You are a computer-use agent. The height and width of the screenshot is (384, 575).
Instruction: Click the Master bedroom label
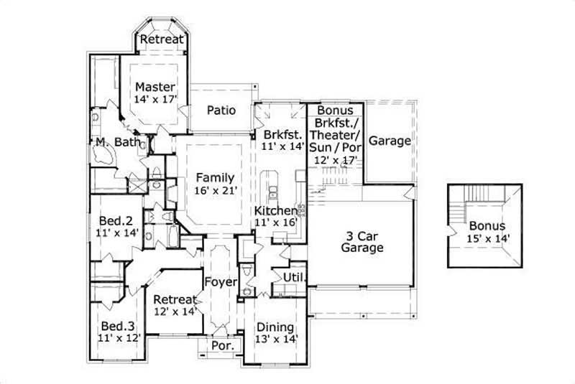point(155,88)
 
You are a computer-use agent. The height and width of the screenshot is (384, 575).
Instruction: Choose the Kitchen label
point(276,210)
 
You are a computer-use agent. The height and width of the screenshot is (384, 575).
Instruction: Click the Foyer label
point(220,282)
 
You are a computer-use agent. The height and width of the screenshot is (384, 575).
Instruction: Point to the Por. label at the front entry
point(221,346)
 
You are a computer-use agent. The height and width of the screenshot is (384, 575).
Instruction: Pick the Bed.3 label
point(116,323)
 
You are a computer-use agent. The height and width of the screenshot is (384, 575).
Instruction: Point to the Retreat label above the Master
point(162,39)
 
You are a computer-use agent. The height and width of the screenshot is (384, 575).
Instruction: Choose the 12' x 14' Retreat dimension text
point(175,312)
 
